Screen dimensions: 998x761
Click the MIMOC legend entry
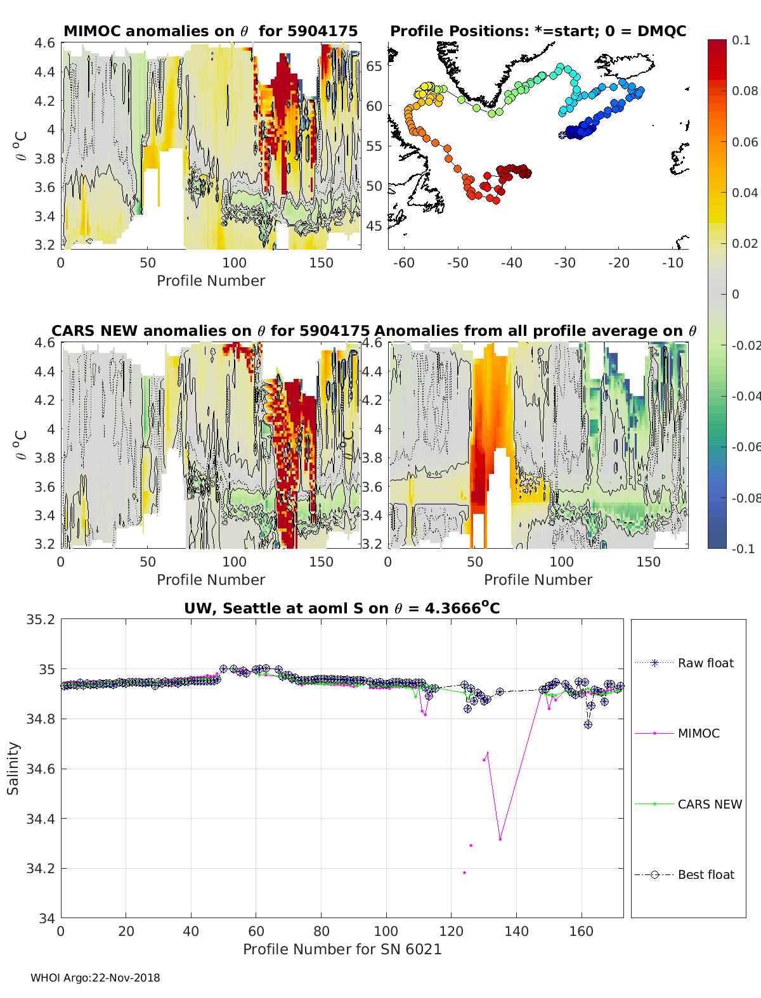pyautogui.click(x=698, y=733)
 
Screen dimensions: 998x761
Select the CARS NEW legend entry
pyautogui.click(x=709, y=804)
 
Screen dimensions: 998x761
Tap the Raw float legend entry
pyautogui.click(x=705, y=663)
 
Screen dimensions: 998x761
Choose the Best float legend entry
pyautogui.click(x=705, y=874)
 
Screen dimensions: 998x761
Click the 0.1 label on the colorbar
pyautogui.click(x=740, y=40)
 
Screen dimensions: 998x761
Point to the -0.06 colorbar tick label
pyautogui.click(x=745, y=447)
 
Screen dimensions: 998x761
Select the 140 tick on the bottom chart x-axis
pyautogui.click(x=516, y=931)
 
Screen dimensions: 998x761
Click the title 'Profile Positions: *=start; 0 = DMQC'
pyautogui.click(x=538, y=31)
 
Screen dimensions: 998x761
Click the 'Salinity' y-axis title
pyautogui.click(x=13, y=768)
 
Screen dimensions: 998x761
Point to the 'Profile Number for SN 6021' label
pyautogui.click(x=342, y=949)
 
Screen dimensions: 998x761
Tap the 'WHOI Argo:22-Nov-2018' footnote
pyautogui.click(x=95, y=978)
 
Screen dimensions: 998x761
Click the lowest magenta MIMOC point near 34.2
pyautogui.click(x=464, y=873)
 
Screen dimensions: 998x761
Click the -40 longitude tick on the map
pyautogui.click(x=511, y=263)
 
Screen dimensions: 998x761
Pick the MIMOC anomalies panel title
pyautogui.click(x=211, y=31)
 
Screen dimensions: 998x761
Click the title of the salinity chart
pyautogui.click(x=342, y=608)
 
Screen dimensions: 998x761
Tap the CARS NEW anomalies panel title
pyautogui.click(x=210, y=331)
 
